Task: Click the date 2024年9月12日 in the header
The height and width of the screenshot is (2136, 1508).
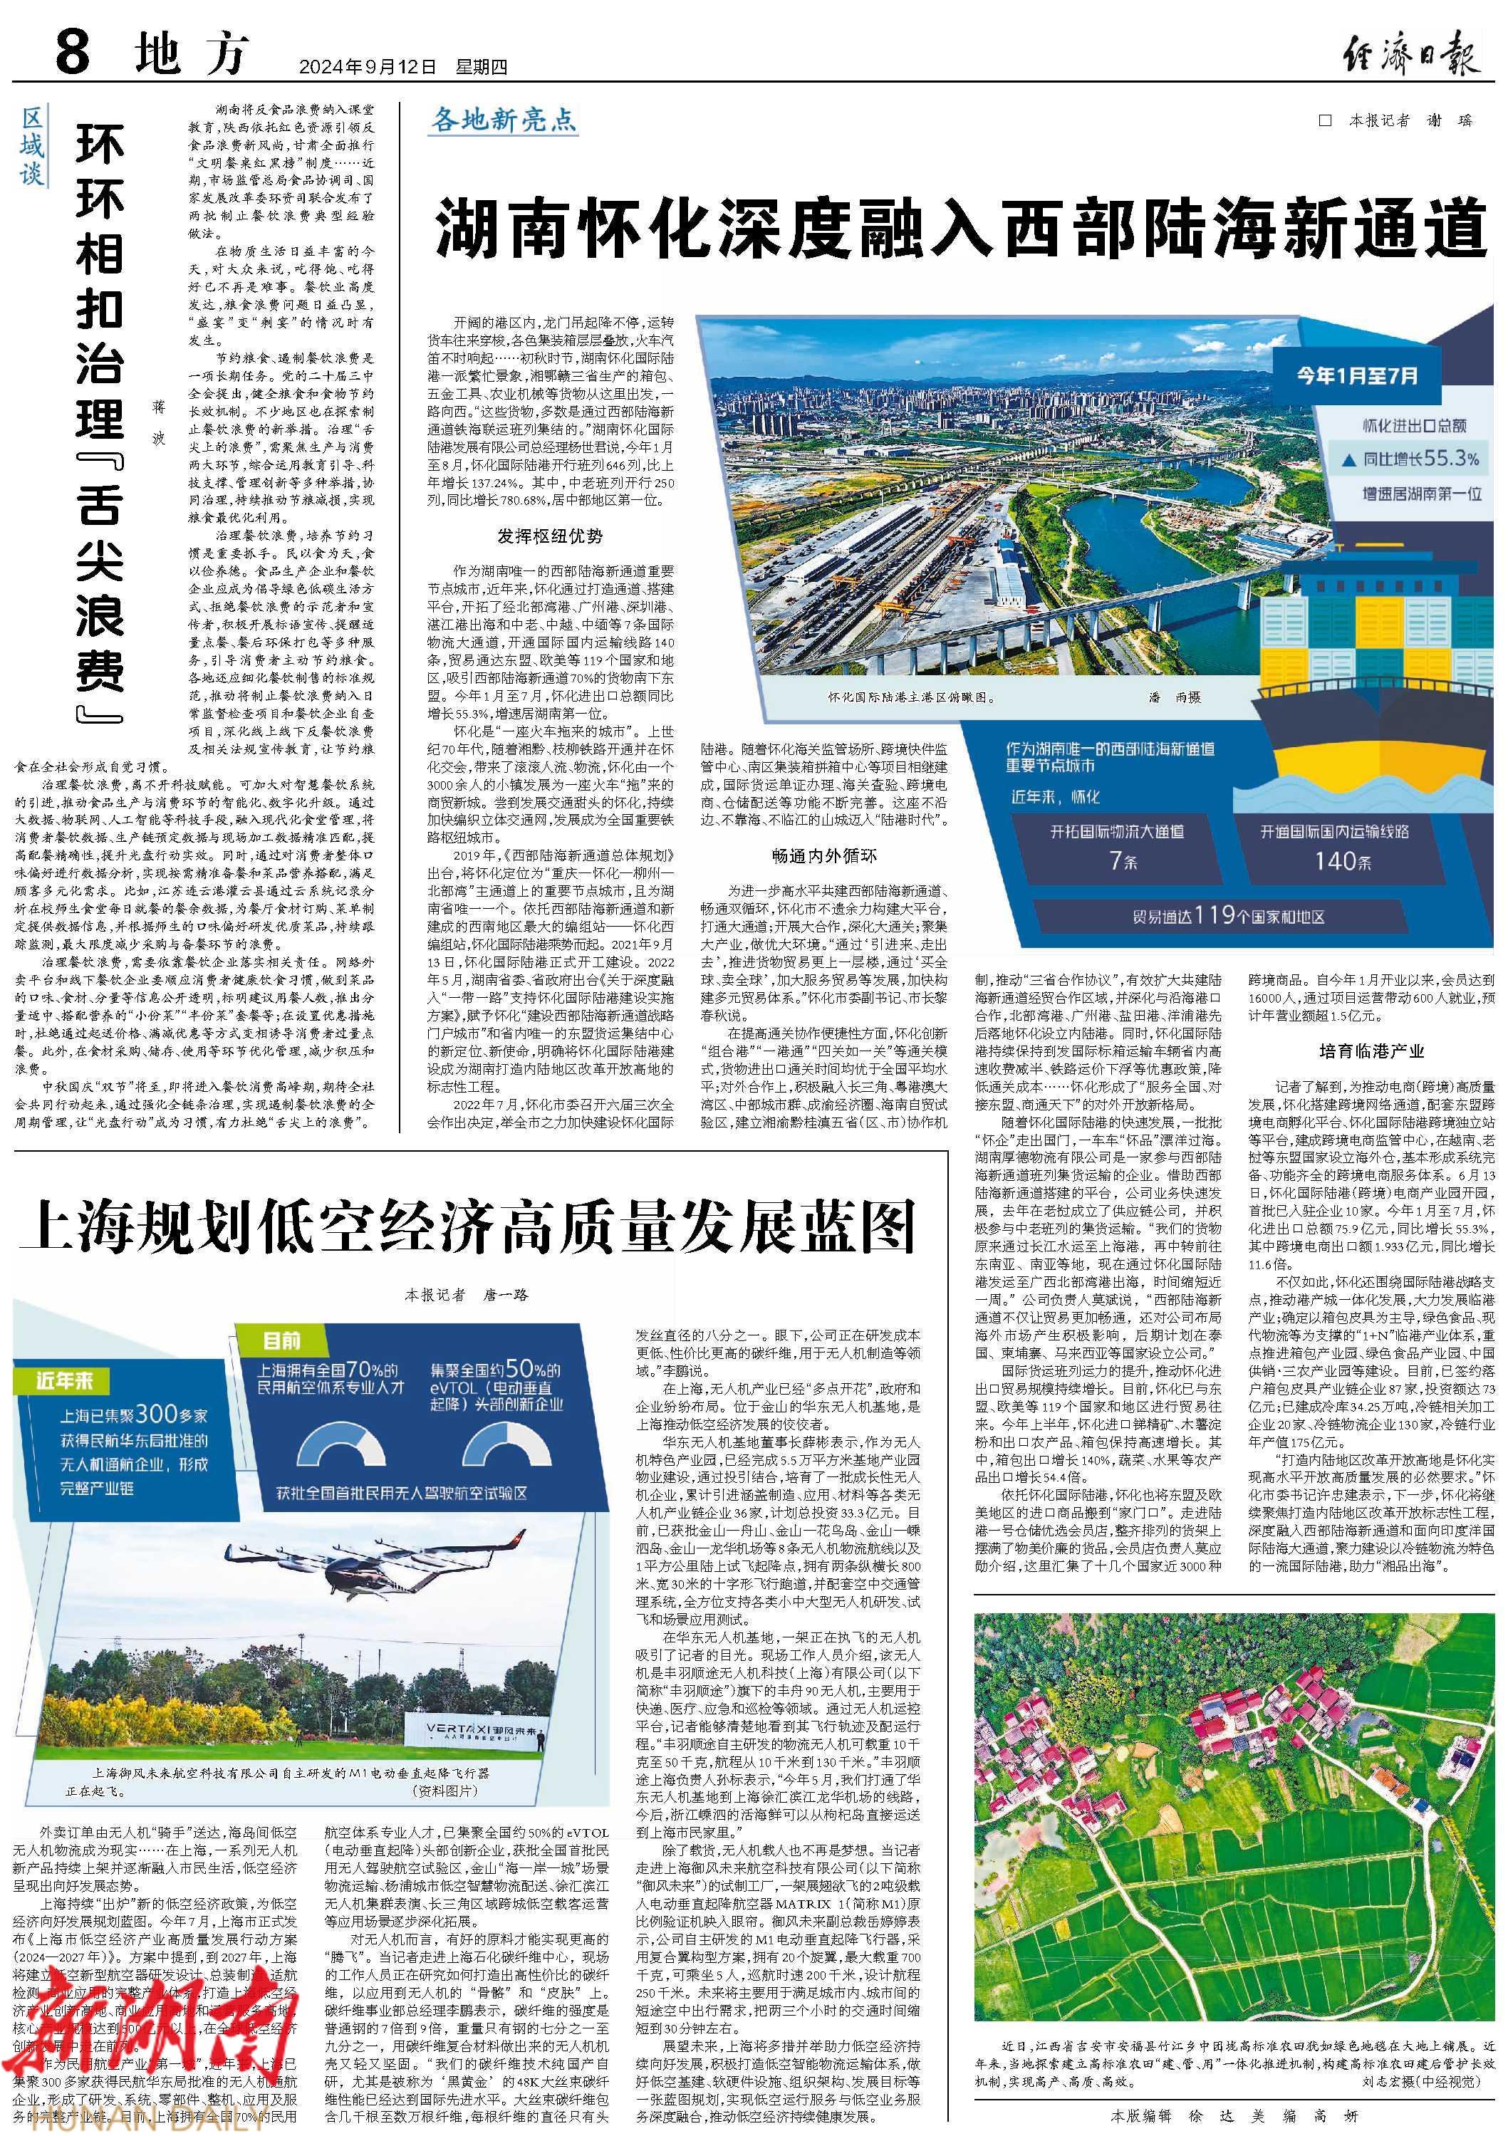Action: [367, 67]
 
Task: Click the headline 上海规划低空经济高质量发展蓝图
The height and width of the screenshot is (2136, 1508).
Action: [467, 1228]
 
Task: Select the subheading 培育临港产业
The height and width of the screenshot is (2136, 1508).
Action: [1371, 1051]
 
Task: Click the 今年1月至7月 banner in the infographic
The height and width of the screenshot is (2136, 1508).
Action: [1357, 376]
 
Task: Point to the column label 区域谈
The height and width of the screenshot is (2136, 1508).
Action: [33, 146]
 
